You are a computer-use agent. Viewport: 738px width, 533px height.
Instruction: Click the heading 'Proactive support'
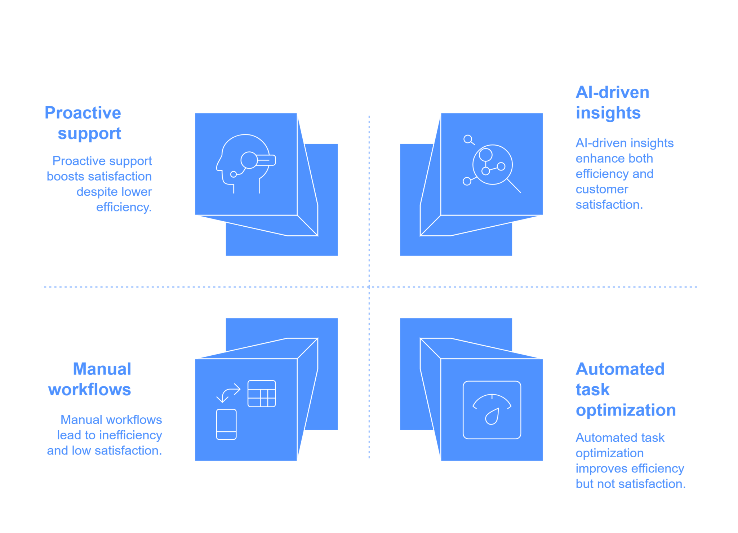click(83, 123)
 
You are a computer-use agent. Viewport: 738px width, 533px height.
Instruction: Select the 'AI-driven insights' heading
click(612, 102)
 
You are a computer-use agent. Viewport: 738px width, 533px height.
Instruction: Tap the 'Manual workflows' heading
click(90, 379)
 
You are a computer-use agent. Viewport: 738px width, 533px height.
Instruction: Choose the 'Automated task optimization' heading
click(626, 390)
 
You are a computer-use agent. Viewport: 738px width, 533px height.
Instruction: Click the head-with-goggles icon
click(246, 164)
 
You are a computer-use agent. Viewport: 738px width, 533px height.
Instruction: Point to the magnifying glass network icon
click(492, 164)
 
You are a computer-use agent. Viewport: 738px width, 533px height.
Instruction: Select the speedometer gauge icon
click(492, 410)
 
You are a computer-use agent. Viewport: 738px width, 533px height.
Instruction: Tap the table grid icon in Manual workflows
click(262, 394)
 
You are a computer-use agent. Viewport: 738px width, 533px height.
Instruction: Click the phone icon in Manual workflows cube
click(226, 424)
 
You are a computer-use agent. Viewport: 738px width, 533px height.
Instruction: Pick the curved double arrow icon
click(228, 393)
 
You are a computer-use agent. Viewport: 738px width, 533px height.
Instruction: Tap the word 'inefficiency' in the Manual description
click(130, 435)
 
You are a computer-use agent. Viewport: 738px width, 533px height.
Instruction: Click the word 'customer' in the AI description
click(602, 189)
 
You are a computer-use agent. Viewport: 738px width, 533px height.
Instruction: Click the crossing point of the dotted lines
click(369, 287)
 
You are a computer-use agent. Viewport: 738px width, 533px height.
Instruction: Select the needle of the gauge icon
click(492, 417)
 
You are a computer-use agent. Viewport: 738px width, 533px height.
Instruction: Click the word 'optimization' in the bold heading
click(626, 410)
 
